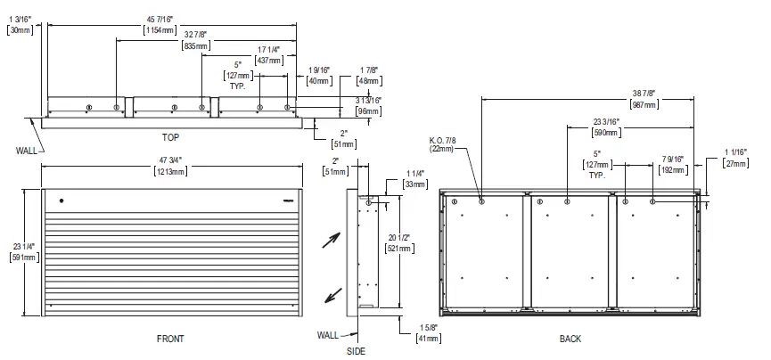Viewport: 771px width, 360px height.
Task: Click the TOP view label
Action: click(171, 137)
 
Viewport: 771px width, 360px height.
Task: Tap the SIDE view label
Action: click(357, 352)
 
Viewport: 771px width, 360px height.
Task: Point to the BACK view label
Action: click(570, 340)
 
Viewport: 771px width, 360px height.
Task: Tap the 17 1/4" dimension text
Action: click(268, 51)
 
